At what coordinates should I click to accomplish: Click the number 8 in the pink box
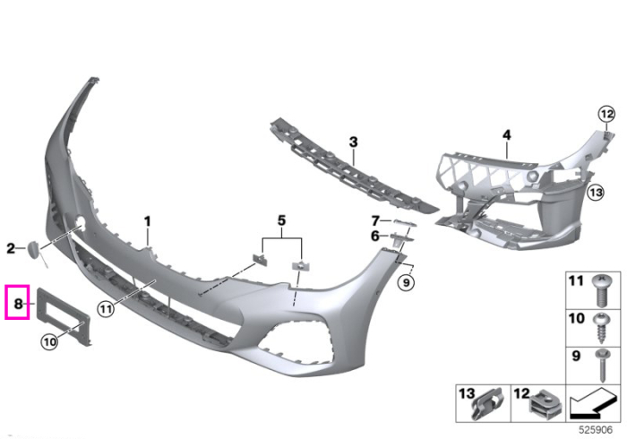click(x=18, y=304)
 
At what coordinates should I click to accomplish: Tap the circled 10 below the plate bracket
click(x=49, y=342)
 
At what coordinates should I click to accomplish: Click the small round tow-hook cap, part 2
click(x=33, y=249)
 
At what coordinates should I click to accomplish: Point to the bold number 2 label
click(x=11, y=248)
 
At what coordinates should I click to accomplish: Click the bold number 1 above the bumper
click(x=148, y=221)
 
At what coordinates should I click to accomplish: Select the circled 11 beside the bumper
click(x=106, y=309)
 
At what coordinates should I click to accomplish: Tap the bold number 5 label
click(x=282, y=220)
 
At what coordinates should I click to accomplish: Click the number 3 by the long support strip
click(x=353, y=142)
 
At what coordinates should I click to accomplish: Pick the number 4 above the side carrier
click(x=507, y=135)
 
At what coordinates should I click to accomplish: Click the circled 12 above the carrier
click(x=606, y=115)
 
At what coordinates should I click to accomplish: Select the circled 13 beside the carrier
click(x=596, y=193)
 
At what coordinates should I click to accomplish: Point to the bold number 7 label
click(x=375, y=220)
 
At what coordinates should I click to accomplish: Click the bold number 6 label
click(x=374, y=237)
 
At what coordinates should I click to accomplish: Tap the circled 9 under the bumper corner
click(x=407, y=283)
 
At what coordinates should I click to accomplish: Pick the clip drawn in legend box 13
click(x=486, y=405)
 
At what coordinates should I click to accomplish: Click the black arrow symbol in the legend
click(x=593, y=403)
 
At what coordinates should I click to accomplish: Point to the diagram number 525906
click(x=596, y=430)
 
